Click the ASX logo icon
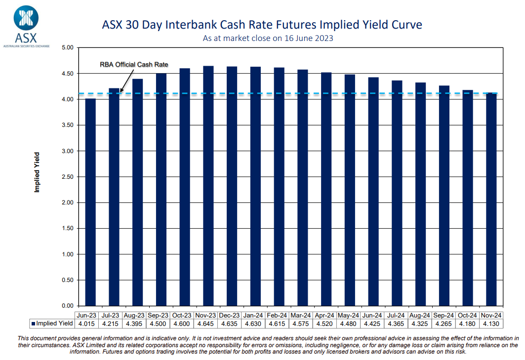pyautogui.click(x=26, y=17)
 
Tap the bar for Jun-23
pyautogui.click(x=90, y=202)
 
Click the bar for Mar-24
pyautogui.click(x=303, y=188)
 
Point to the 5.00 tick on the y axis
pyautogui.click(x=66, y=48)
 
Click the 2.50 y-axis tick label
pyautogui.click(x=66, y=177)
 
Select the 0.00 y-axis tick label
pyautogui.click(x=66, y=306)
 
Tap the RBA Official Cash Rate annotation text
pyautogui.click(x=134, y=65)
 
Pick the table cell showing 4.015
pyautogui.click(x=87, y=324)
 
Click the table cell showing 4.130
pyautogui.click(x=491, y=324)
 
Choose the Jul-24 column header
pyautogui.click(x=397, y=315)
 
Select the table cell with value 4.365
pyautogui.click(x=397, y=324)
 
